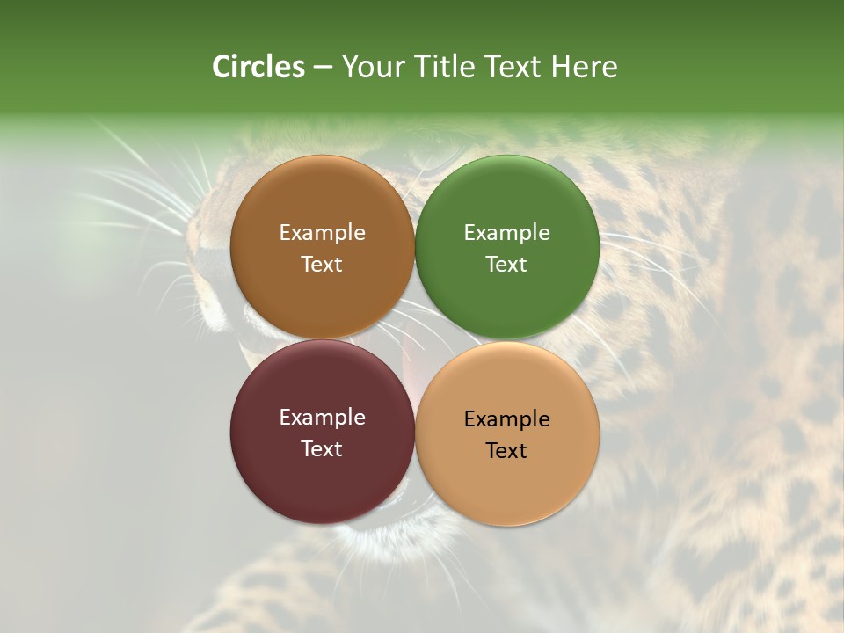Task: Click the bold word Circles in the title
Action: (258, 67)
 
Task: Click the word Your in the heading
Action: (369, 67)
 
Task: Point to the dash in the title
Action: (323, 68)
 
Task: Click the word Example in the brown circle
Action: (322, 233)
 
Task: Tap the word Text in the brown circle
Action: (322, 264)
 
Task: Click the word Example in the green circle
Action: (506, 233)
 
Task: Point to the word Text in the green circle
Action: (506, 264)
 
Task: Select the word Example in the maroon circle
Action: (322, 418)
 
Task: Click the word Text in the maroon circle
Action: (322, 448)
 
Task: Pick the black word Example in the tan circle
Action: (506, 419)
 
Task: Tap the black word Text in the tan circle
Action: (506, 450)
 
